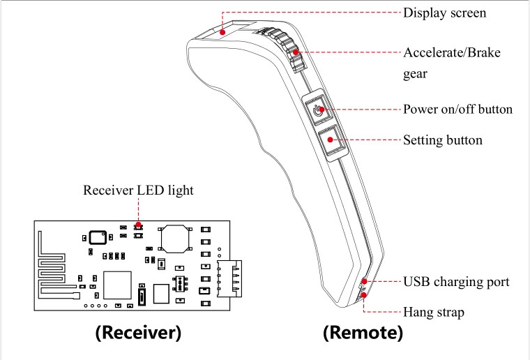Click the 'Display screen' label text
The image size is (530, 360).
(x=444, y=13)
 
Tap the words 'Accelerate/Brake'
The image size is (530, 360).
(x=451, y=53)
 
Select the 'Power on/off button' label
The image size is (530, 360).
(x=457, y=110)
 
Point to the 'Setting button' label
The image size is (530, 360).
(x=442, y=140)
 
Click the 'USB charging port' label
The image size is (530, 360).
(x=456, y=282)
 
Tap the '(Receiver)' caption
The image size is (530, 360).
(x=137, y=333)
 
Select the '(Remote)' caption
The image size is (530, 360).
(x=363, y=333)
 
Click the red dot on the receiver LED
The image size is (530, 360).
(x=138, y=225)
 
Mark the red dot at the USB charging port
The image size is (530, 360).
(x=363, y=282)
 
